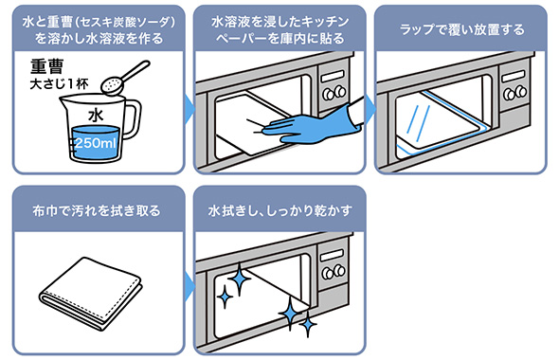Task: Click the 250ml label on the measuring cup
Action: (95, 143)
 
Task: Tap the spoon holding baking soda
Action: (125, 78)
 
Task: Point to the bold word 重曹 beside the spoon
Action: (46, 66)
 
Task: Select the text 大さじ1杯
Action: (59, 84)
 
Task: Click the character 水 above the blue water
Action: (96, 116)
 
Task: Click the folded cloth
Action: (91, 293)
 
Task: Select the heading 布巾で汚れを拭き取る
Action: (97, 211)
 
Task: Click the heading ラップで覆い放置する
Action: (461, 30)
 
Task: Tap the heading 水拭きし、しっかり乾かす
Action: (279, 210)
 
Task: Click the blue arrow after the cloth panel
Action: (189, 287)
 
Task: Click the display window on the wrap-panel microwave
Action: (513, 77)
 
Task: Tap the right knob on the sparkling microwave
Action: (340, 271)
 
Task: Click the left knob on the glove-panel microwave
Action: (328, 95)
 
